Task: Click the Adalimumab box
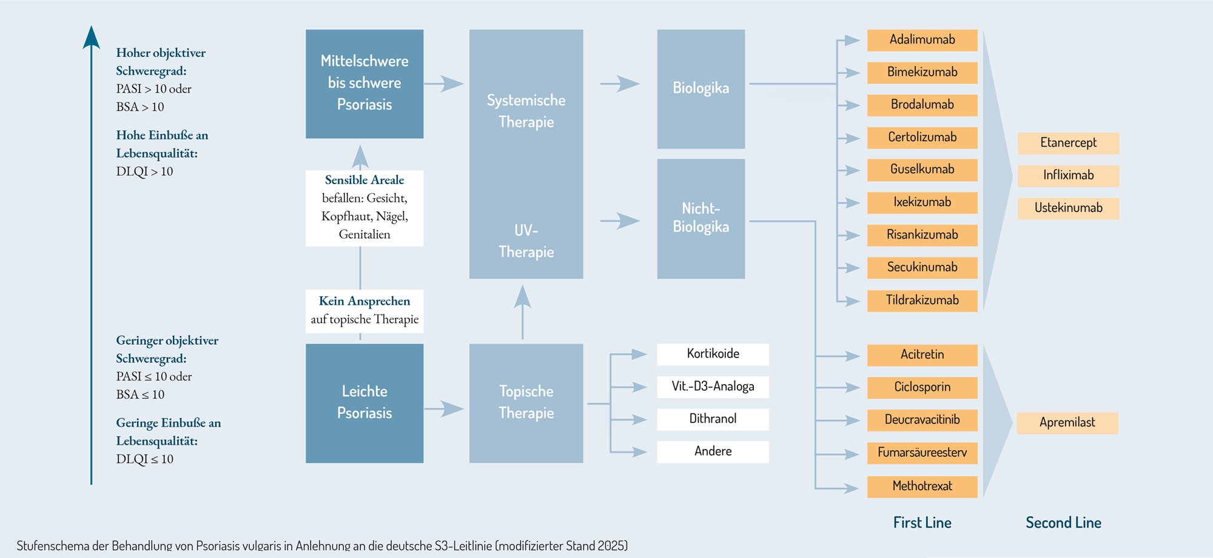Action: (922, 40)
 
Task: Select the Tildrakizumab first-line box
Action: (922, 301)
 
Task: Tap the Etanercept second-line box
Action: (1068, 143)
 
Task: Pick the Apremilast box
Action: (1067, 423)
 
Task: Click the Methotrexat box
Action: (922, 487)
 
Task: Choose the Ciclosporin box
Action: (922, 388)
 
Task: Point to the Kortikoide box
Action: (713, 354)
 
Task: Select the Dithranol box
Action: (713, 419)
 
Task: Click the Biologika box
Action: (701, 89)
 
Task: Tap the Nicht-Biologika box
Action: (701, 219)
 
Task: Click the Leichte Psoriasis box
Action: (365, 404)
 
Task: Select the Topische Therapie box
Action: (526, 404)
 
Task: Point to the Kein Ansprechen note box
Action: (365, 311)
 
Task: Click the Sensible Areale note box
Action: (365, 208)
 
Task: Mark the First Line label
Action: (922, 523)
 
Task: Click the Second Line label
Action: (1063, 523)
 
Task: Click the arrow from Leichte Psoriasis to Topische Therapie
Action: (444, 409)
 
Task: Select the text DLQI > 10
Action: (144, 172)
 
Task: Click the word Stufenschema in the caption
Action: (53, 546)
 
